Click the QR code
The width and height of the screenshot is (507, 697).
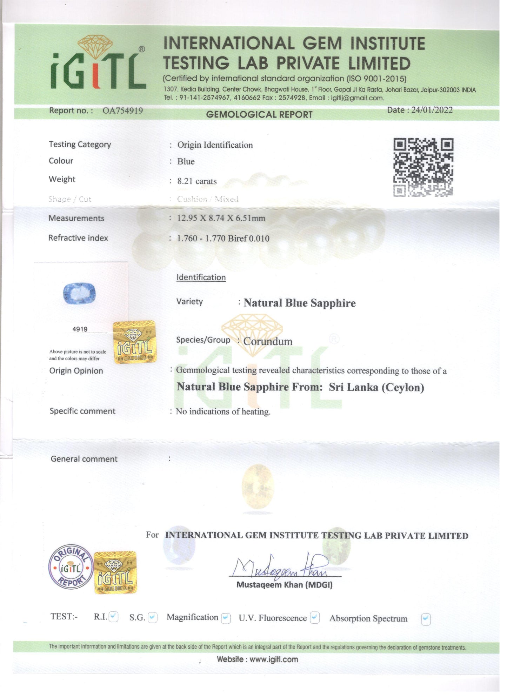tap(423, 167)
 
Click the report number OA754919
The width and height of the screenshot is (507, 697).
tap(122, 110)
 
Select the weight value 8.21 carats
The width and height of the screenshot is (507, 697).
tap(197, 181)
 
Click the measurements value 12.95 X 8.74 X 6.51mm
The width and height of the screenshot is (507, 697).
tap(221, 218)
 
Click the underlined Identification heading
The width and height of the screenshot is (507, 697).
tap(201, 277)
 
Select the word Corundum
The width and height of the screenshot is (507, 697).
tap(268, 341)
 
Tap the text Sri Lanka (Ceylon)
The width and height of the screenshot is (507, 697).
tap(376, 387)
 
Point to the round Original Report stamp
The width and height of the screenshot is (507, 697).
tap(71, 568)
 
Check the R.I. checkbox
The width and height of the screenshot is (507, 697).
tap(113, 617)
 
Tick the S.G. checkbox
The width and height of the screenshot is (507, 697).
tap(153, 617)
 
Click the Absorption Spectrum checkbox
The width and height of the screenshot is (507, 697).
tap(426, 619)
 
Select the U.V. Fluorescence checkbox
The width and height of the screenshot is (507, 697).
tap(315, 618)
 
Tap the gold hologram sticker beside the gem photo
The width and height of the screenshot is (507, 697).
tap(134, 342)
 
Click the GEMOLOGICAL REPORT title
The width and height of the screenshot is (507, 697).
tap(259, 115)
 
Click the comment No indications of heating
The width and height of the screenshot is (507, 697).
tap(223, 411)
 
